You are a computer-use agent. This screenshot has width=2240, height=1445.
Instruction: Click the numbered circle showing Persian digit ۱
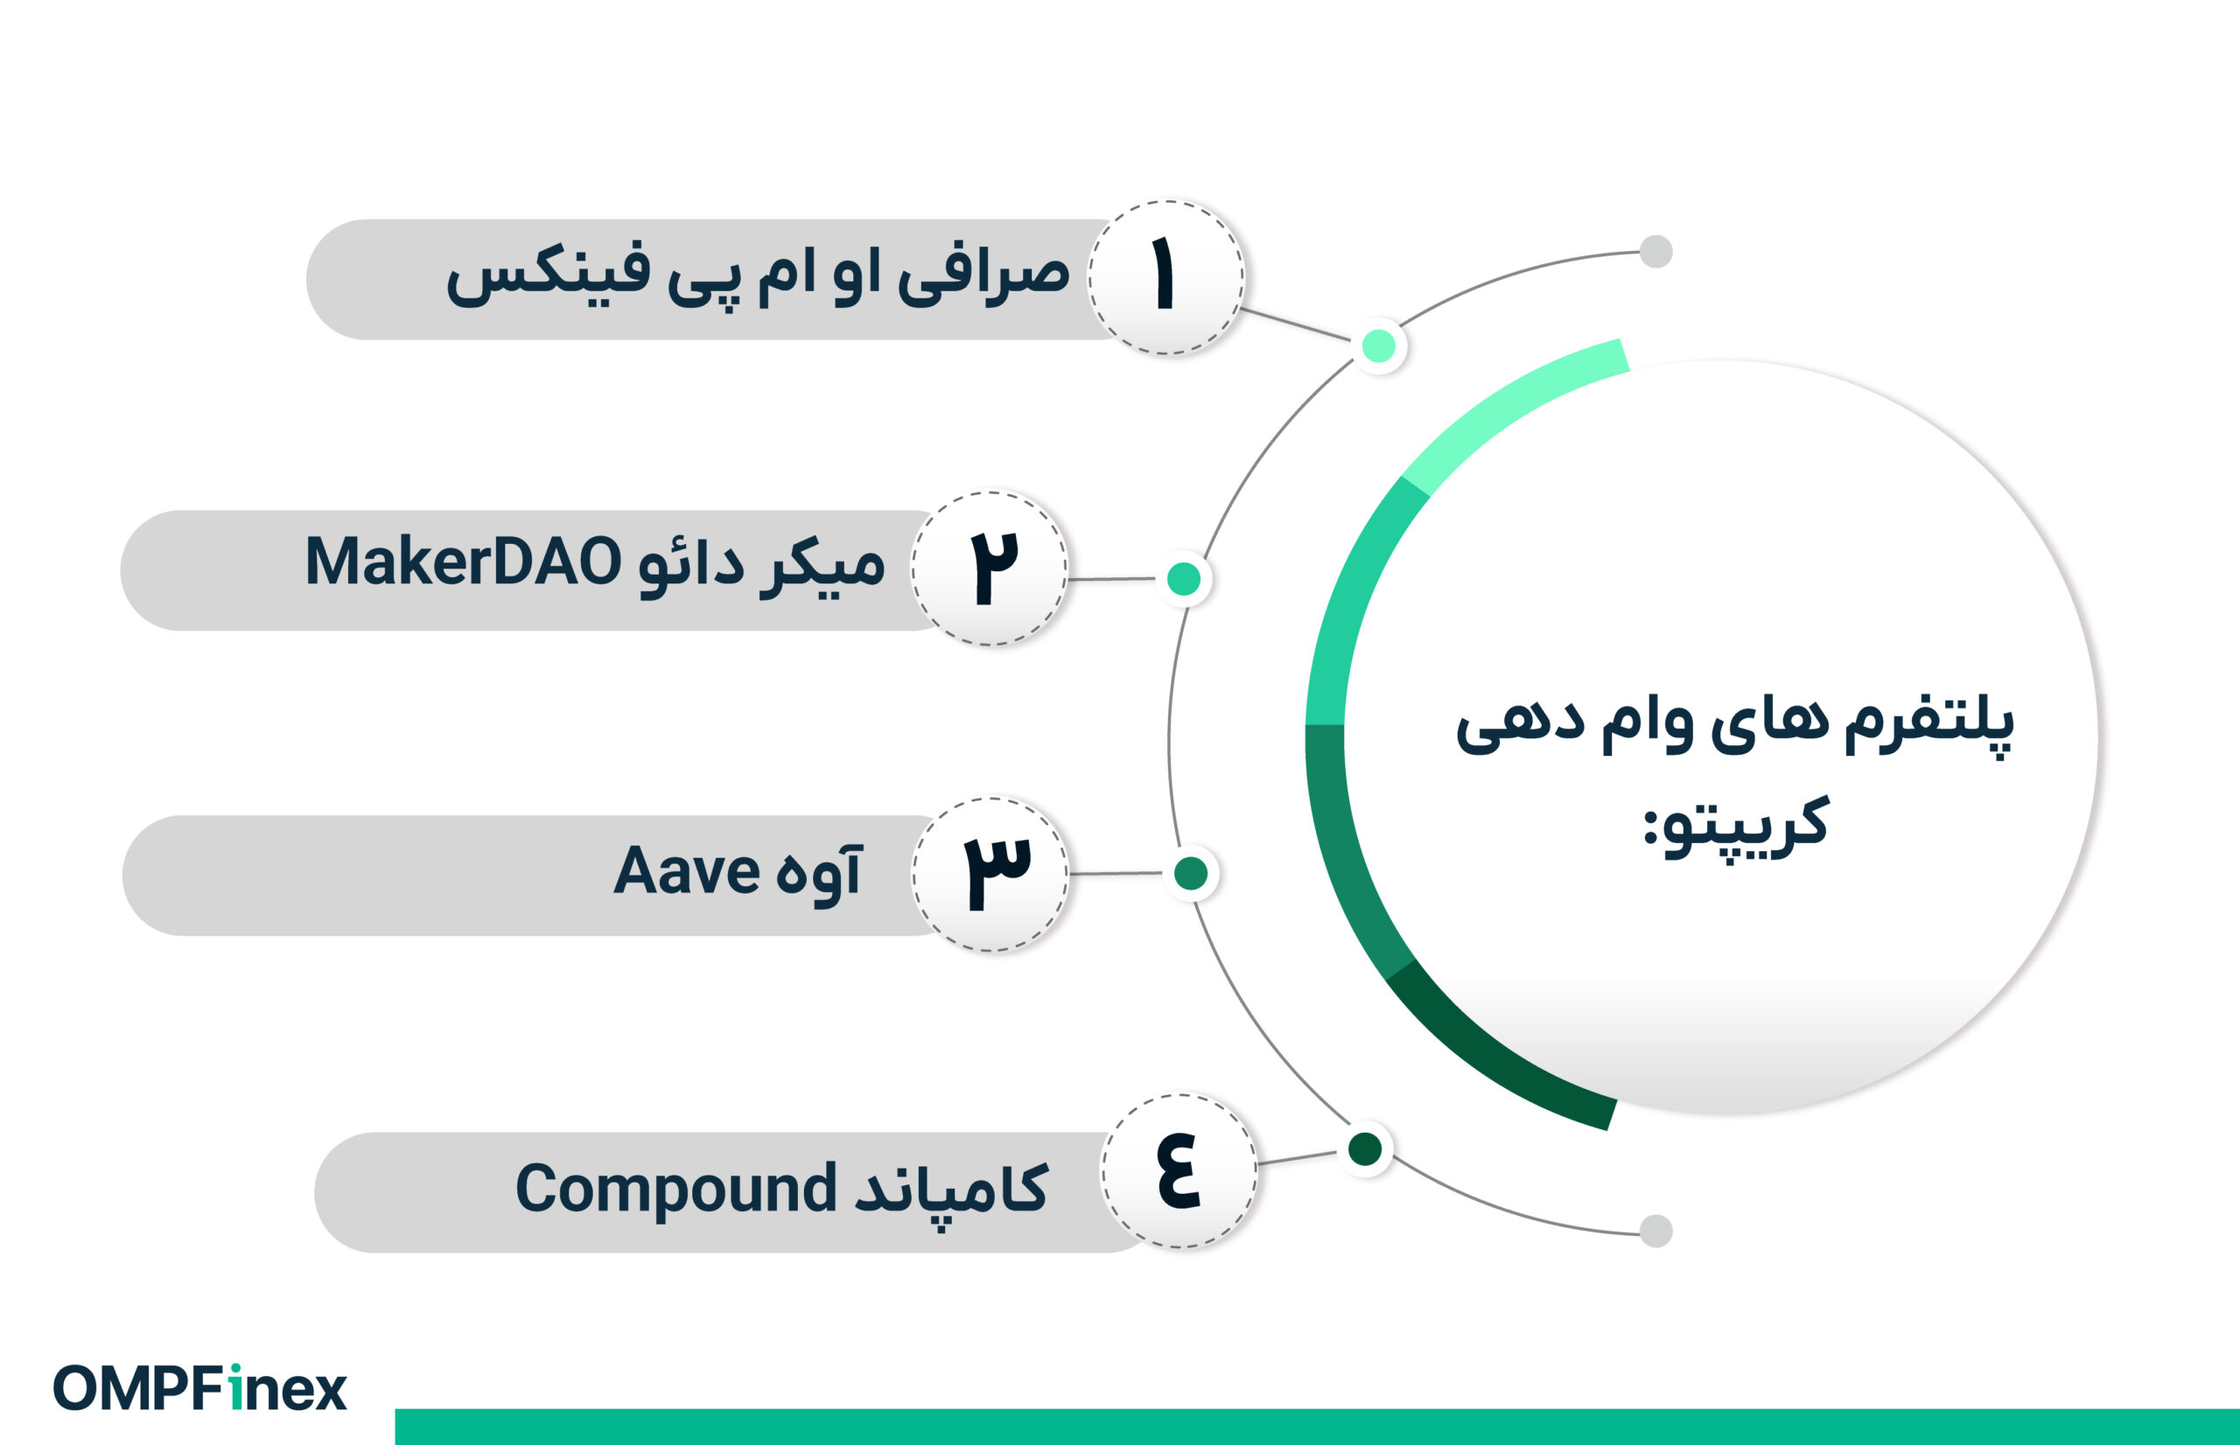pos(1166,278)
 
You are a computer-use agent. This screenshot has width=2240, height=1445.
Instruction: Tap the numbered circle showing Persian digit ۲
pos(990,569)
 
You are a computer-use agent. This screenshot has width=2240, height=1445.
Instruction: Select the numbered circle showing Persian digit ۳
pos(990,875)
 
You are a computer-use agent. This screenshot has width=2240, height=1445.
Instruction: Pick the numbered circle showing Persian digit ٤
pos(1179,1171)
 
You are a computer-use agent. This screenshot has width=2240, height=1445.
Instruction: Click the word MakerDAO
pos(463,562)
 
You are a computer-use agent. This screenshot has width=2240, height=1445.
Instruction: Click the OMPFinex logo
pos(199,1388)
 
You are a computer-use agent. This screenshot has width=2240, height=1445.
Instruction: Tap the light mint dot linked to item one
pos(1378,346)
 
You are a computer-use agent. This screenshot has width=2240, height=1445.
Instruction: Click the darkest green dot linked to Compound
pos(1364,1148)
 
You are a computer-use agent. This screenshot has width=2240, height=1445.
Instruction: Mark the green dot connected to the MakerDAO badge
pos(1183,579)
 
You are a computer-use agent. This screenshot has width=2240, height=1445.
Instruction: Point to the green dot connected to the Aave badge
pos(1191,874)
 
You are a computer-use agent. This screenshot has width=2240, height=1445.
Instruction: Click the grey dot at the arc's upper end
pos(1655,251)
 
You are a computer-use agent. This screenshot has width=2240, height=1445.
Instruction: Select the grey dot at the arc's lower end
pos(1655,1231)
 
